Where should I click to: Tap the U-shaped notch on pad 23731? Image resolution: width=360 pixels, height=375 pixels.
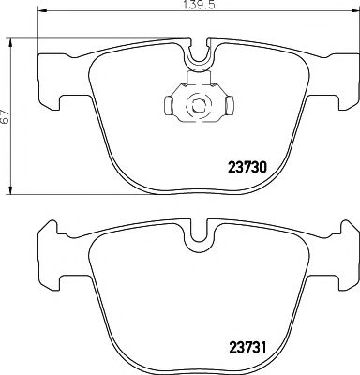[198, 240]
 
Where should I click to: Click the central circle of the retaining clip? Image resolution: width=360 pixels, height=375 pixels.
[198, 106]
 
